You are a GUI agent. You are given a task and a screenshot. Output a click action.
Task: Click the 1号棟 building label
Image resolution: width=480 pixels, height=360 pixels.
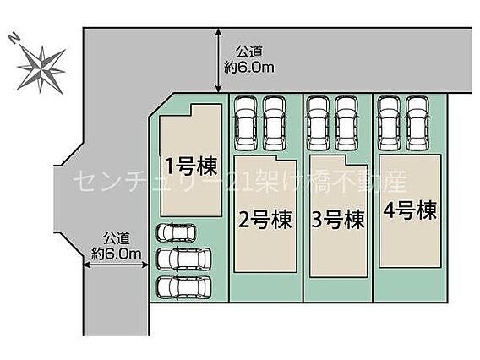pos(191,166)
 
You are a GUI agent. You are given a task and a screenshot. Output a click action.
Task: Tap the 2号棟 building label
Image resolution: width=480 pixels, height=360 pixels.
pos(265,220)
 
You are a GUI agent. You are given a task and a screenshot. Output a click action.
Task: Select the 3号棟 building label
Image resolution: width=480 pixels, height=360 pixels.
pos(338,220)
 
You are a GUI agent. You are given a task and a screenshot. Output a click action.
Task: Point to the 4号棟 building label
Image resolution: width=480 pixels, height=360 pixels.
pos(410,210)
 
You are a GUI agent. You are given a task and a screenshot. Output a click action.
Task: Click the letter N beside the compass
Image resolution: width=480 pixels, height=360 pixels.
pos(14,39)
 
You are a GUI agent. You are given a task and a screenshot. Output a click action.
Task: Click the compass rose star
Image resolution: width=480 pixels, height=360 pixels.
pos(41,69)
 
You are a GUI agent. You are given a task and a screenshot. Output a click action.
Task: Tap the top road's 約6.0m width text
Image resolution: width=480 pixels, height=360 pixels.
pos(249,68)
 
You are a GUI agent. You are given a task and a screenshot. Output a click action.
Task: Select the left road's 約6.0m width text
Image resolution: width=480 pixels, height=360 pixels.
pos(117,254)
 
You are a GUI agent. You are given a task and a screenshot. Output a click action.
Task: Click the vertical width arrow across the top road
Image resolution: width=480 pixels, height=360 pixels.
pos(218,60)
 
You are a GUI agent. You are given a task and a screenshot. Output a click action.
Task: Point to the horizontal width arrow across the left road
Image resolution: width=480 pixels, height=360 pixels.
pos(116,265)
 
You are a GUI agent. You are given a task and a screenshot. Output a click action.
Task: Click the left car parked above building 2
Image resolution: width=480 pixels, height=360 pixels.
pos(246,123)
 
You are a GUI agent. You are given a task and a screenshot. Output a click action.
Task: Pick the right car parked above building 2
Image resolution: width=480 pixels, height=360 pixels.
pos(275,123)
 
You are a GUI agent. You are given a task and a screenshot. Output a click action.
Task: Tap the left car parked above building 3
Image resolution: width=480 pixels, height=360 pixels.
pos(318,123)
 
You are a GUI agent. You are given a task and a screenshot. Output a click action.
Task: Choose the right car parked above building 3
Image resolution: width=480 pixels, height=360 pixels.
pos(346,123)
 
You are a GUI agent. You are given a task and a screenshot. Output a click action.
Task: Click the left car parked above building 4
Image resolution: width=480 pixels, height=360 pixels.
pos(389,123)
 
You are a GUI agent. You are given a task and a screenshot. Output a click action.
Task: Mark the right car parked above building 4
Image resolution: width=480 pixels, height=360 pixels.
pos(417,123)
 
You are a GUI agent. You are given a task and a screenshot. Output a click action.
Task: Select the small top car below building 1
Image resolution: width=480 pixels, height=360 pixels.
pos(176,233)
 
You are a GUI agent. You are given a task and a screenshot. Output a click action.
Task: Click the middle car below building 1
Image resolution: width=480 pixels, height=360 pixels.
pos(183,259)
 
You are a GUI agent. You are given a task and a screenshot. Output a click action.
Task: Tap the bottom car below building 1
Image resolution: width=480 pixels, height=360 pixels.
pos(183,286)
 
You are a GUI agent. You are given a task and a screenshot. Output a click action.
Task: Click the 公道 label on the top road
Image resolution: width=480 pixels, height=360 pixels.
pos(249,52)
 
